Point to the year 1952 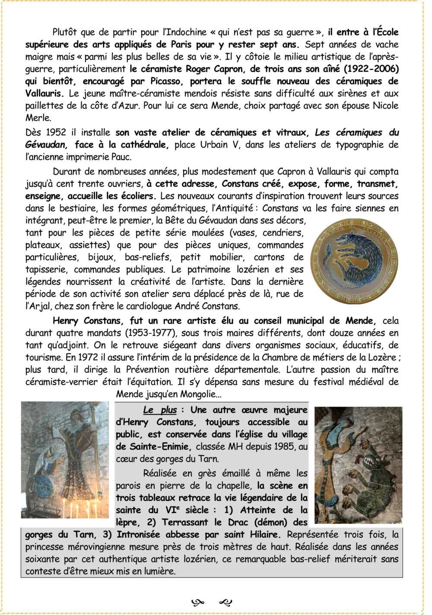pos(56,133)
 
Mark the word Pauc pos(122,157)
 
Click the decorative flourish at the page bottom pos(212,602)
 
